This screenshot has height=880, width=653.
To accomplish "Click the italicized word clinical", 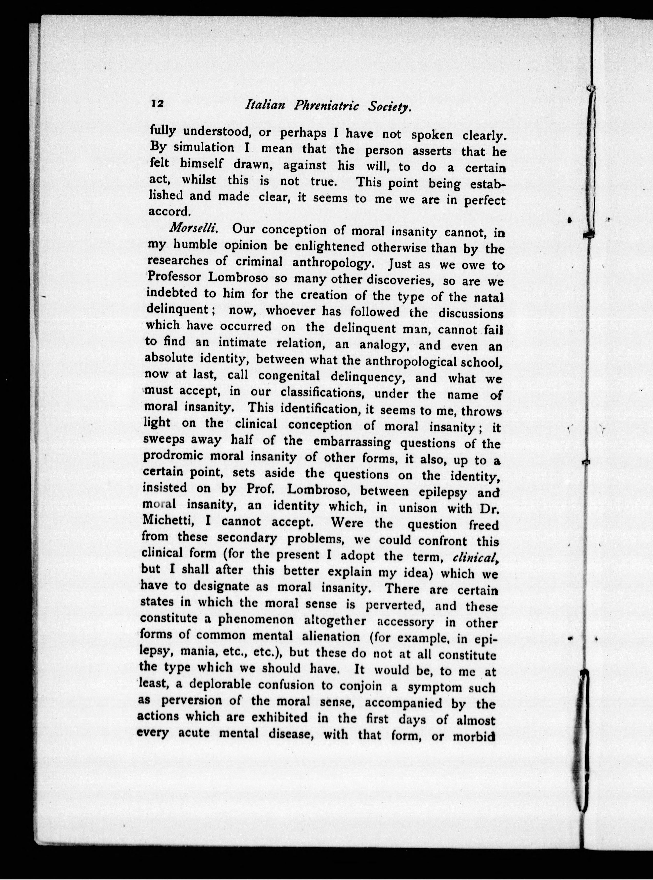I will pos(473,557).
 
